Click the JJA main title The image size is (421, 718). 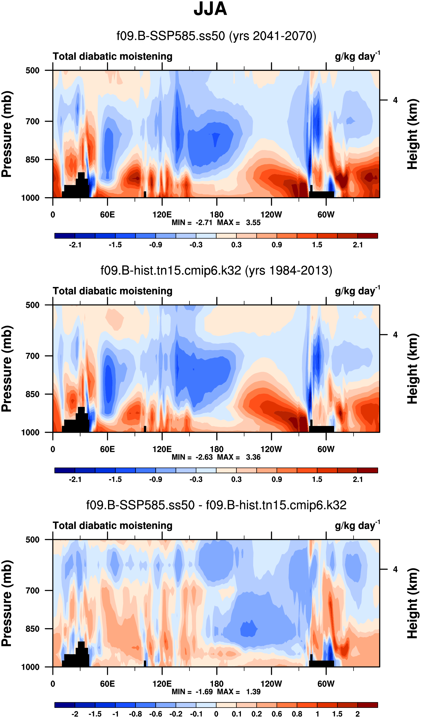pyautogui.click(x=210, y=9)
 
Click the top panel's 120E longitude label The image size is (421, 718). pyautogui.click(x=162, y=215)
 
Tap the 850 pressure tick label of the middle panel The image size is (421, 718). pyautogui.click(x=33, y=394)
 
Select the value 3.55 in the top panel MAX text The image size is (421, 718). pyautogui.click(x=253, y=223)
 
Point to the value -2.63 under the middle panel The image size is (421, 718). pyautogui.click(x=204, y=457)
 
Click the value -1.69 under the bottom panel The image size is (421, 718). pyautogui.click(x=204, y=692)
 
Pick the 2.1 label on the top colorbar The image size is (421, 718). pyautogui.click(x=358, y=245)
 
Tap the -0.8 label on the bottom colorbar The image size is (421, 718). pyautogui.click(x=135, y=714)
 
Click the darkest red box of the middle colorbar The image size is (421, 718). pyautogui.click(x=367, y=470)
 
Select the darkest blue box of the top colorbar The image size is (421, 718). pyautogui.click(x=65, y=236)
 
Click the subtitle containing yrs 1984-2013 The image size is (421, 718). pyautogui.click(x=216, y=270)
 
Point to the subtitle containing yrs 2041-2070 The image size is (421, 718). pyautogui.click(x=216, y=36)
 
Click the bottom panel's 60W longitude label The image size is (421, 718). pyautogui.click(x=326, y=684)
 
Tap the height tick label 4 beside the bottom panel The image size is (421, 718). pyautogui.click(x=395, y=569)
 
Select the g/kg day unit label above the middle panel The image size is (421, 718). pyautogui.click(x=357, y=291)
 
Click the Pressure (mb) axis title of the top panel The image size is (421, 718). pyautogui.click(x=7, y=134)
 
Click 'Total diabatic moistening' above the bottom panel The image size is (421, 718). pyautogui.click(x=112, y=525)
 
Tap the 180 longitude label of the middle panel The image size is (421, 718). pyautogui.click(x=217, y=449)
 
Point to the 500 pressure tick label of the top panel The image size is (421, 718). pyautogui.click(x=33, y=70)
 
